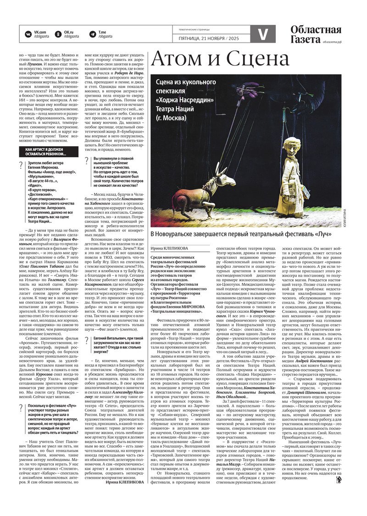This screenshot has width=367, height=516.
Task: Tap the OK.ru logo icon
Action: pyautogui.click(x=58, y=33)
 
